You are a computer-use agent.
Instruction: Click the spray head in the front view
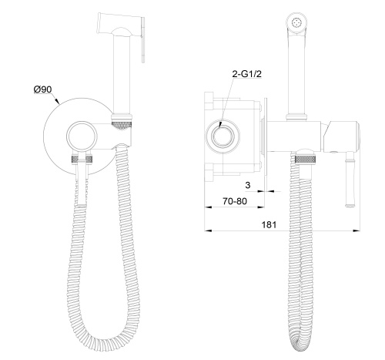tap(119, 27)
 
